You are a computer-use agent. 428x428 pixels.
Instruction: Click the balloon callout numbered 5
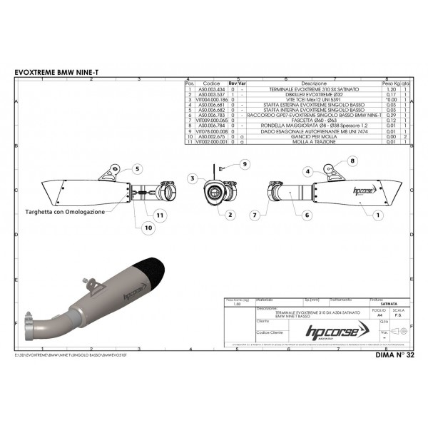point(135,169)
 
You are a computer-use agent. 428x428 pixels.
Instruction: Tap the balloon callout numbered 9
point(243,164)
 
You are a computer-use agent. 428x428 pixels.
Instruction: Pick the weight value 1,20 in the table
point(391,88)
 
